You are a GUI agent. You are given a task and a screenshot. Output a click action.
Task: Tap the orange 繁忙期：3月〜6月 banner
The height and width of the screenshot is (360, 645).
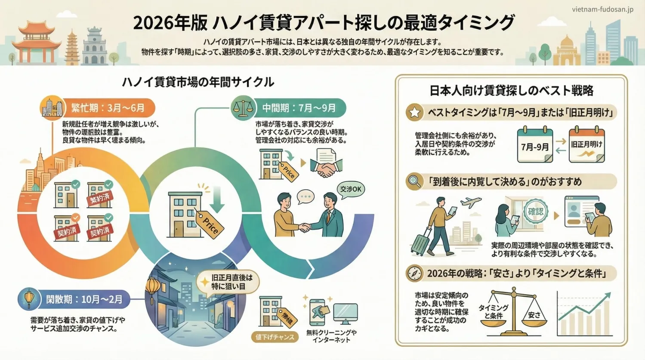point(108,108)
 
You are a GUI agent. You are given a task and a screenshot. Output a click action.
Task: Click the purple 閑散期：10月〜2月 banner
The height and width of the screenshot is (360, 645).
point(84,299)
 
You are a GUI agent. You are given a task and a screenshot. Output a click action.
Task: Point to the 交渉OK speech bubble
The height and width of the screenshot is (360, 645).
point(351,190)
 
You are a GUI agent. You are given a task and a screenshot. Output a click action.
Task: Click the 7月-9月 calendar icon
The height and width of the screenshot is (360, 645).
point(535,145)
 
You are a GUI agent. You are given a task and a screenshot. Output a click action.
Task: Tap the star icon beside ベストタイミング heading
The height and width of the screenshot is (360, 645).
point(414,113)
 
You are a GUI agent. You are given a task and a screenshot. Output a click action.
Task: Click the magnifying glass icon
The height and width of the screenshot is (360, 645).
point(414,182)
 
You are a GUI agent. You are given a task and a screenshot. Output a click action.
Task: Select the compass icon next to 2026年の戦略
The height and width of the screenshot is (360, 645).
point(414,274)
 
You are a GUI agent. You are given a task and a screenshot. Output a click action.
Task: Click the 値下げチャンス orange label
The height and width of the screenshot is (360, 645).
point(275,337)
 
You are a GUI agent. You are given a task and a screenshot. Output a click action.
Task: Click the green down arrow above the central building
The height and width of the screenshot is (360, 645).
point(217,200)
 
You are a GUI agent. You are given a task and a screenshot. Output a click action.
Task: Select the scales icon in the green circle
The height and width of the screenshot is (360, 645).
point(243,108)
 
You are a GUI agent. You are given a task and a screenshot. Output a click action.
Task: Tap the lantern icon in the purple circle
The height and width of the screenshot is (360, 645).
point(29,299)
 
